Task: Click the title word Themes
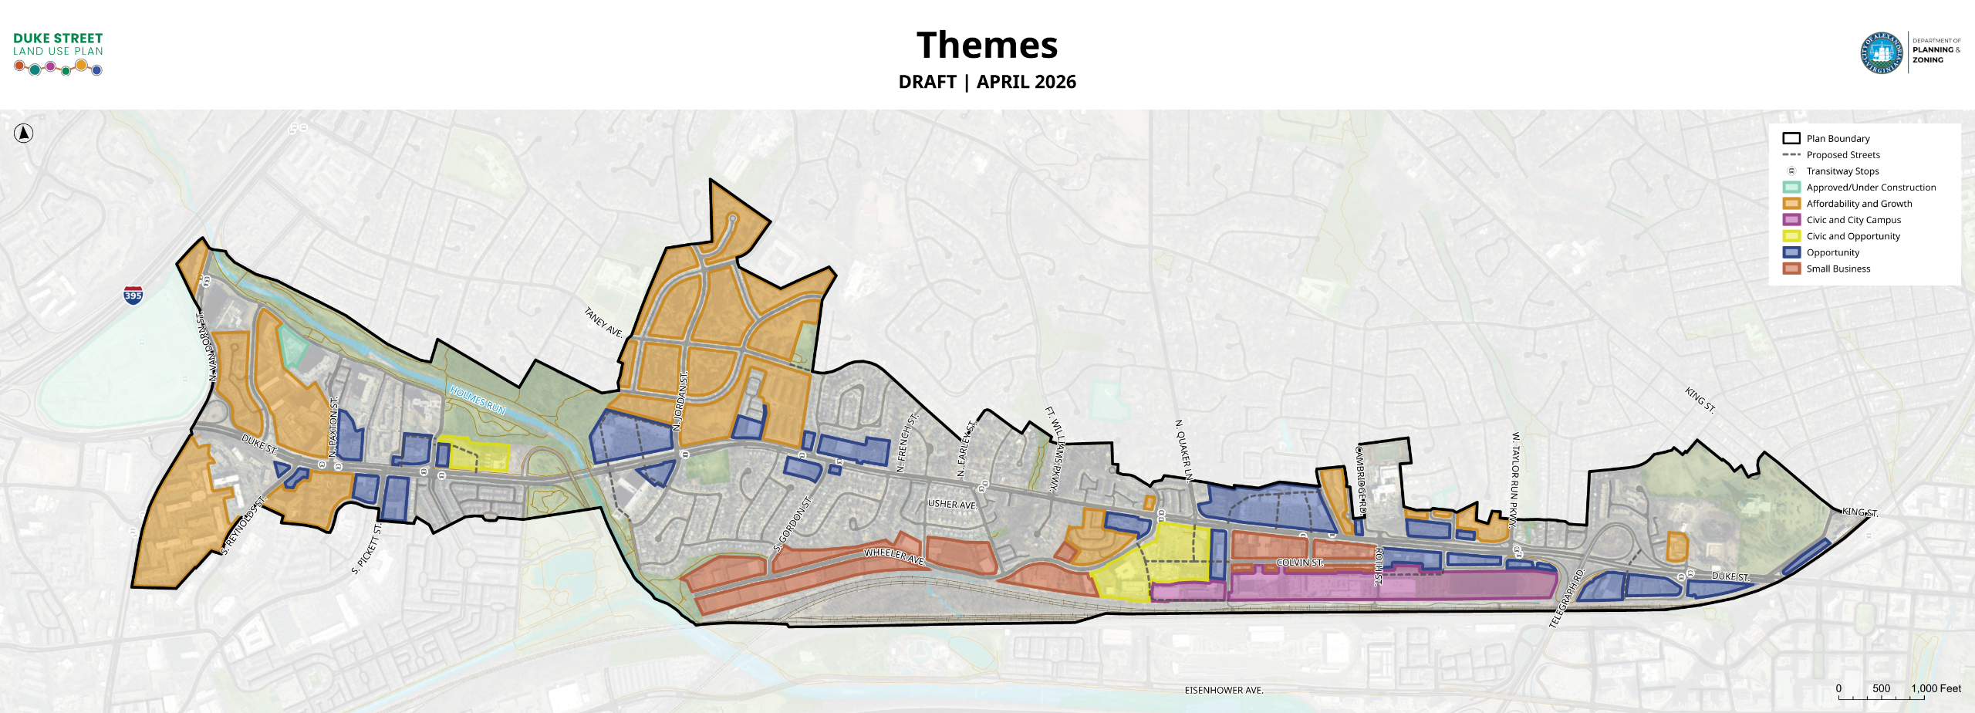pyautogui.click(x=987, y=46)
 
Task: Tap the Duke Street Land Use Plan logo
pyautogui.click(x=58, y=53)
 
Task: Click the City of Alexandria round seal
pyautogui.click(x=1882, y=53)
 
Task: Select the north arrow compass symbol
pyautogui.click(x=24, y=133)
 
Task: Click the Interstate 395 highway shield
pyautogui.click(x=133, y=295)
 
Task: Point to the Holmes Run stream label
pyautogui.click(x=478, y=400)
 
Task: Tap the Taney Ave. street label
pyautogui.click(x=603, y=322)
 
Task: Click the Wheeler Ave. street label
pyautogui.click(x=894, y=556)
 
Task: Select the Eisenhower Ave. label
pyautogui.click(x=1224, y=691)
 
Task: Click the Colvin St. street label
pyautogui.click(x=1299, y=563)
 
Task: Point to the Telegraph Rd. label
pyautogui.click(x=1566, y=598)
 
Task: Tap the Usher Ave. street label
pyautogui.click(x=952, y=504)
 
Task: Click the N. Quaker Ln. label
pyautogui.click(x=1183, y=452)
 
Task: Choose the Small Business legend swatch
pyautogui.click(x=1791, y=269)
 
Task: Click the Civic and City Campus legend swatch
pyautogui.click(x=1791, y=220)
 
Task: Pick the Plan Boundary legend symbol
pyautogui.click(x=1791, y=139)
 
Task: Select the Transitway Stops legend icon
pyautogui.click(x=1791, y=171)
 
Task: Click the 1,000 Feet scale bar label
pyautogui.click(x=1936, y=688)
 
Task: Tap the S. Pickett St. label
pyautogui.click(x=366, y=549)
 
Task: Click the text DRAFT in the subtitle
pyautogui.click(x=927, y=82)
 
